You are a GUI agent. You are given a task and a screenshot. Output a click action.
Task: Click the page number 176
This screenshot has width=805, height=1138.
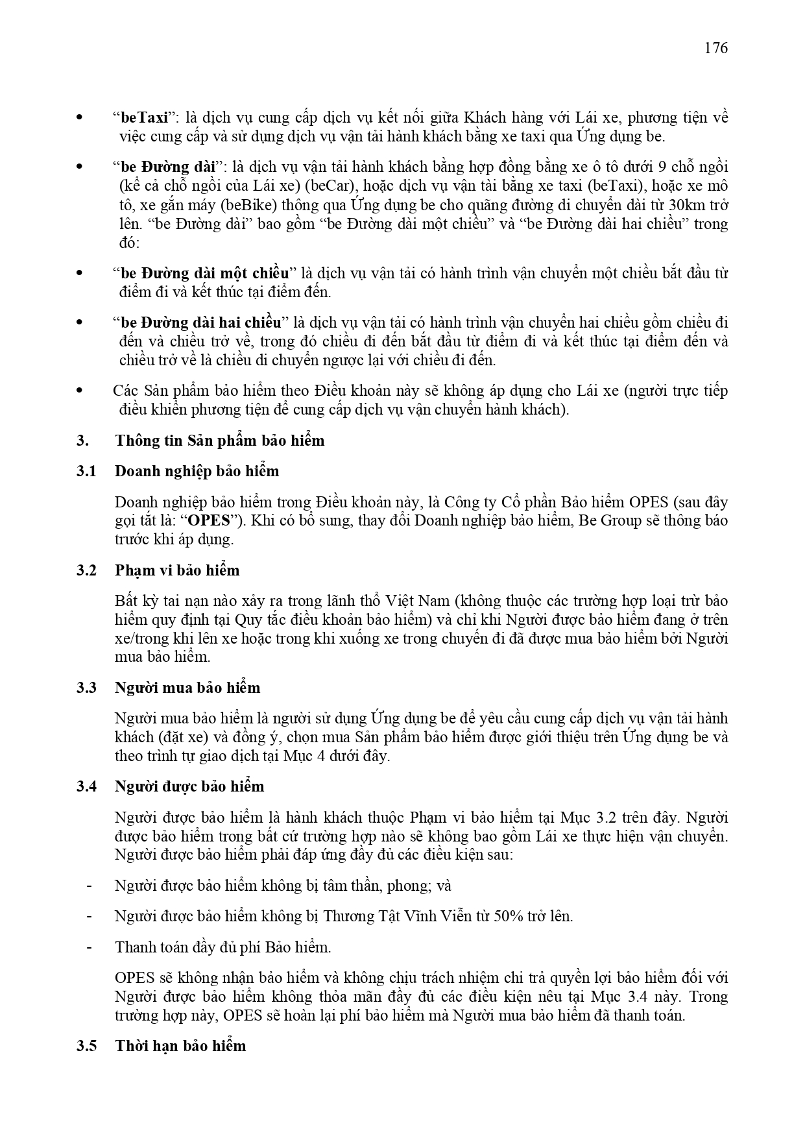pos(715,48)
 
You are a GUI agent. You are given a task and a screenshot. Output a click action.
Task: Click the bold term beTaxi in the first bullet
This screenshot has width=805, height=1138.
pos(144,117)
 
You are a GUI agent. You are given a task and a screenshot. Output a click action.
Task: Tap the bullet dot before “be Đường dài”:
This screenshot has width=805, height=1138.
pos(80,167)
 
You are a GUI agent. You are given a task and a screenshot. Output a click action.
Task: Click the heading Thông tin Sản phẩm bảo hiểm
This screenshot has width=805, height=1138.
pos(219,441)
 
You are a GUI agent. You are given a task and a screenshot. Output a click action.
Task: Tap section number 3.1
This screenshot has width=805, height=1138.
pos(86,471)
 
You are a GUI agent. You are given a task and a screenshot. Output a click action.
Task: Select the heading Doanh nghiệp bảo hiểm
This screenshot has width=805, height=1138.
pos(197,471)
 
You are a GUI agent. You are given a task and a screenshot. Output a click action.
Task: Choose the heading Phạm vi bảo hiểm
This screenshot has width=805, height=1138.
pos(177,570)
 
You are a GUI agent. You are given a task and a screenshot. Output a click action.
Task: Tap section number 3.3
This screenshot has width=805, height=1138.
pos(86,688)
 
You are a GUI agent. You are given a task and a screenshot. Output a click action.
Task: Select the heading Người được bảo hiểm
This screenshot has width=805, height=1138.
pos(189,786)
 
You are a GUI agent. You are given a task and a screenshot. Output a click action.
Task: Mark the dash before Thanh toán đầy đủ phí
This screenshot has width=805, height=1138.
pos(89,947)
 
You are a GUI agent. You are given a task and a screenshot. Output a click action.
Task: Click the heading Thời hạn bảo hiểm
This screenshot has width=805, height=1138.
pos(180,1046)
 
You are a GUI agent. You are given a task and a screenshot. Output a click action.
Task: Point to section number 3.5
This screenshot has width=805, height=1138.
pos(86,1046)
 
